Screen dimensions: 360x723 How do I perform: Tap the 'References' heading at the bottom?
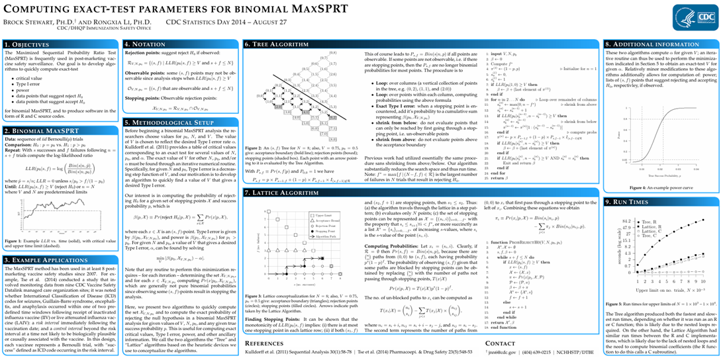(x=264, y=343)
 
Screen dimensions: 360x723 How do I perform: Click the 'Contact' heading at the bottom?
(x=500, y=343)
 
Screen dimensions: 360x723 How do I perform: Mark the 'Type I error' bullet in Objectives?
(x=26, y=85)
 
